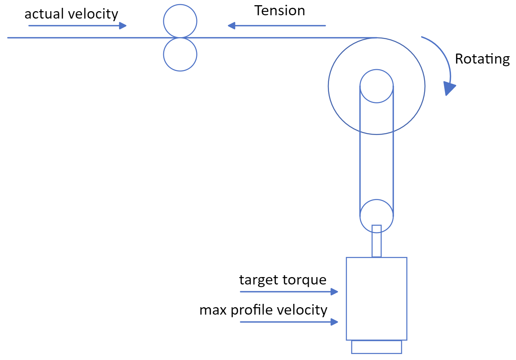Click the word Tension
coord(280,11)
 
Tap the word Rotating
coord(482,59)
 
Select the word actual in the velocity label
coord(44,14)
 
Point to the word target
coord(259,280)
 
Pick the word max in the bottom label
coord(213,310)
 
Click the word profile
coord(252,310)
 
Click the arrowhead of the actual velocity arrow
coord(123,26)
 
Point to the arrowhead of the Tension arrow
coord(232,26)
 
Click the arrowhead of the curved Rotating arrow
coord(449,89)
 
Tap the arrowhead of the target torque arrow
coord(335,292)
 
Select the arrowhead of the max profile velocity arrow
coord(335,322)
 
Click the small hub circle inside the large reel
coord(377,86)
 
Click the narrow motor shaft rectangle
coord(377,244)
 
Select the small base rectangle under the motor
coord(377,347)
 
